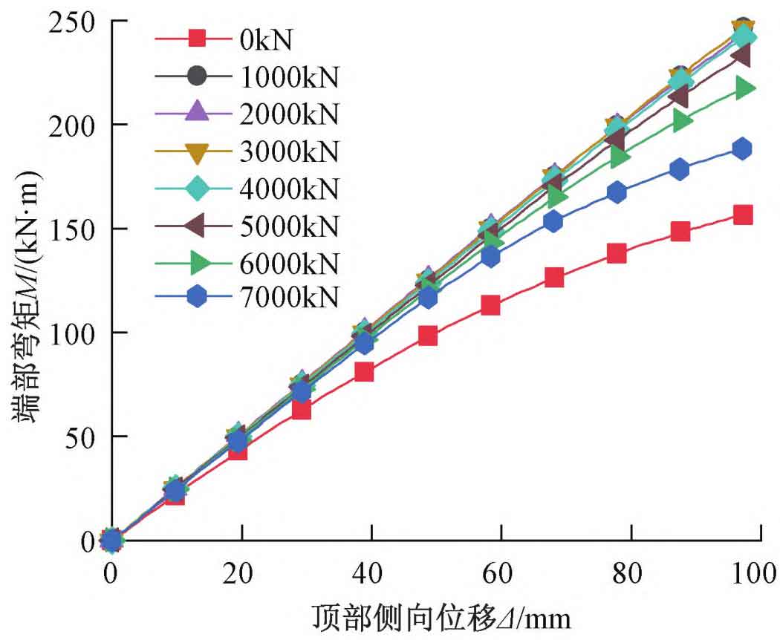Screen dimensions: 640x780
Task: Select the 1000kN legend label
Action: coord(290,76)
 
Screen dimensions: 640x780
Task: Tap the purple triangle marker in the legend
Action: coord(196,113)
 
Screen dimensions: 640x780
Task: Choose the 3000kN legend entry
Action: coord(290,151)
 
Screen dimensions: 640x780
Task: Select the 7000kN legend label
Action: coord(290,298)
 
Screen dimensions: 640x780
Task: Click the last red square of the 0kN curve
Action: coord(742,215)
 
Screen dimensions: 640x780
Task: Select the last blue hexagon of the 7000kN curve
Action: coord(741,148)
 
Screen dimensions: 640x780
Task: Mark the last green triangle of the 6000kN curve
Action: coord(744,88)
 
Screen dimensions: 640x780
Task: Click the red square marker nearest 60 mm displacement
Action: coord(490,305)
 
